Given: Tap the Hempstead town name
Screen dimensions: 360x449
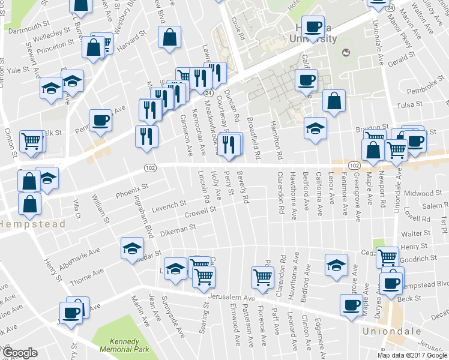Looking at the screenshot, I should [23, 224].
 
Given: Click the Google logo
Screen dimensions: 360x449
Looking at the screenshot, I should [20, 353].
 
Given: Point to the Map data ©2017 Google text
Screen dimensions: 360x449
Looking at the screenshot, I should [412, 355].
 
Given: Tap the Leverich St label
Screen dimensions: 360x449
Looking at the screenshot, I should [168, 206].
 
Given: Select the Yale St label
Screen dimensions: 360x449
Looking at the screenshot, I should [19, 70].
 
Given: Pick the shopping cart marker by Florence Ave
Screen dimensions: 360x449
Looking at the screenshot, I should [262, 277].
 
